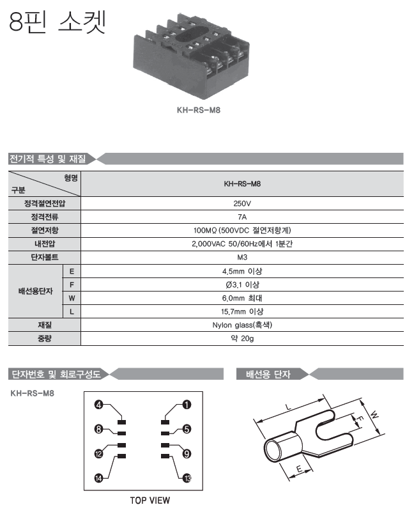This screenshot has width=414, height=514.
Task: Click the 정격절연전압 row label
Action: click(x=44, y=203)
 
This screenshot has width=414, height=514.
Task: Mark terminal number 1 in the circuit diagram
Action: click(x=187, y=404)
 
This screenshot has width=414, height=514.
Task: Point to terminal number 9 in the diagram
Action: click(x=187, y=454)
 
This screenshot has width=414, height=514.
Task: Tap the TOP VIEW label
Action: click(x=151, y=501)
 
